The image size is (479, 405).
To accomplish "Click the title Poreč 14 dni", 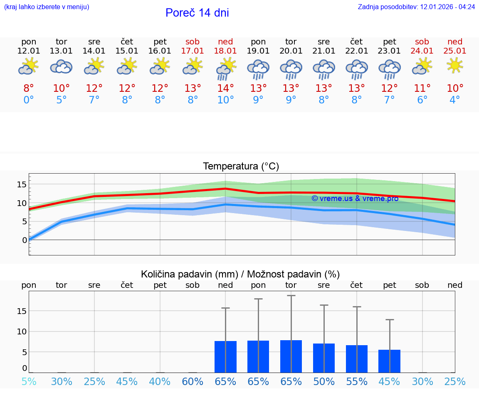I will pyautogui.click(x=197, y=13).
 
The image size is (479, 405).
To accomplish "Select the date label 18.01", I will pyautogui.click(x=225, y=51).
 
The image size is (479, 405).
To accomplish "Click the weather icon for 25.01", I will pyautogui.click(x=455, y=66).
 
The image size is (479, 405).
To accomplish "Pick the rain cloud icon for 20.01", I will pyautogui.click(x=291, y=69).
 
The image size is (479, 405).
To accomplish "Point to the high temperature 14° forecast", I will pyautogui.click(x=225, y=88).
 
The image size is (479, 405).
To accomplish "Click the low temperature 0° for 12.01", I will pyautogui.click(x=29, y=100).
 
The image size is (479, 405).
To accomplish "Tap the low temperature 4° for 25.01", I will pyautogui.click(x=455, y=100).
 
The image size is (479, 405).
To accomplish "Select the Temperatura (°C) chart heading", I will pyautogui.click(x=241, y=167).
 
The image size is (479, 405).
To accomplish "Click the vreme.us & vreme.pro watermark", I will pyautogui.click(x=355, y=199).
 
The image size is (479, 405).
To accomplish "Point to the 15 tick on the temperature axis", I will pyautogui.click(x=22, y=184).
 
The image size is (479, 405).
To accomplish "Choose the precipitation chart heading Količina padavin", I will pyautogui.click(x=240, y=274).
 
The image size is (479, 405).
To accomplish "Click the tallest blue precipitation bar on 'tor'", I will pyautogui.click(x=291, y=356).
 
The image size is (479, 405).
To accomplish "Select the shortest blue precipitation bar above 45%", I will pyautogui.click(x=389, y=361).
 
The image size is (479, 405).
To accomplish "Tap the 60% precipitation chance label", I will pyautogui.click(x=193, y=382).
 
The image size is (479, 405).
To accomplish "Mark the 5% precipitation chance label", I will pyautogui.click(x=29, y=382).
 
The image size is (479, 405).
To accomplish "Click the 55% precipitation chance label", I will pyautogui.click(x=356, y=382).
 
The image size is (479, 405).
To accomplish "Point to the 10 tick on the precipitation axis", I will pyautogui.click(x=22, y=331).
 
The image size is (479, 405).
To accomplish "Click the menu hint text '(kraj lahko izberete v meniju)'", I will pyautogui.click(x=47, y=7).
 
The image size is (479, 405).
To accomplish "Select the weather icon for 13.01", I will pyautogui.click(x=61, y=66).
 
